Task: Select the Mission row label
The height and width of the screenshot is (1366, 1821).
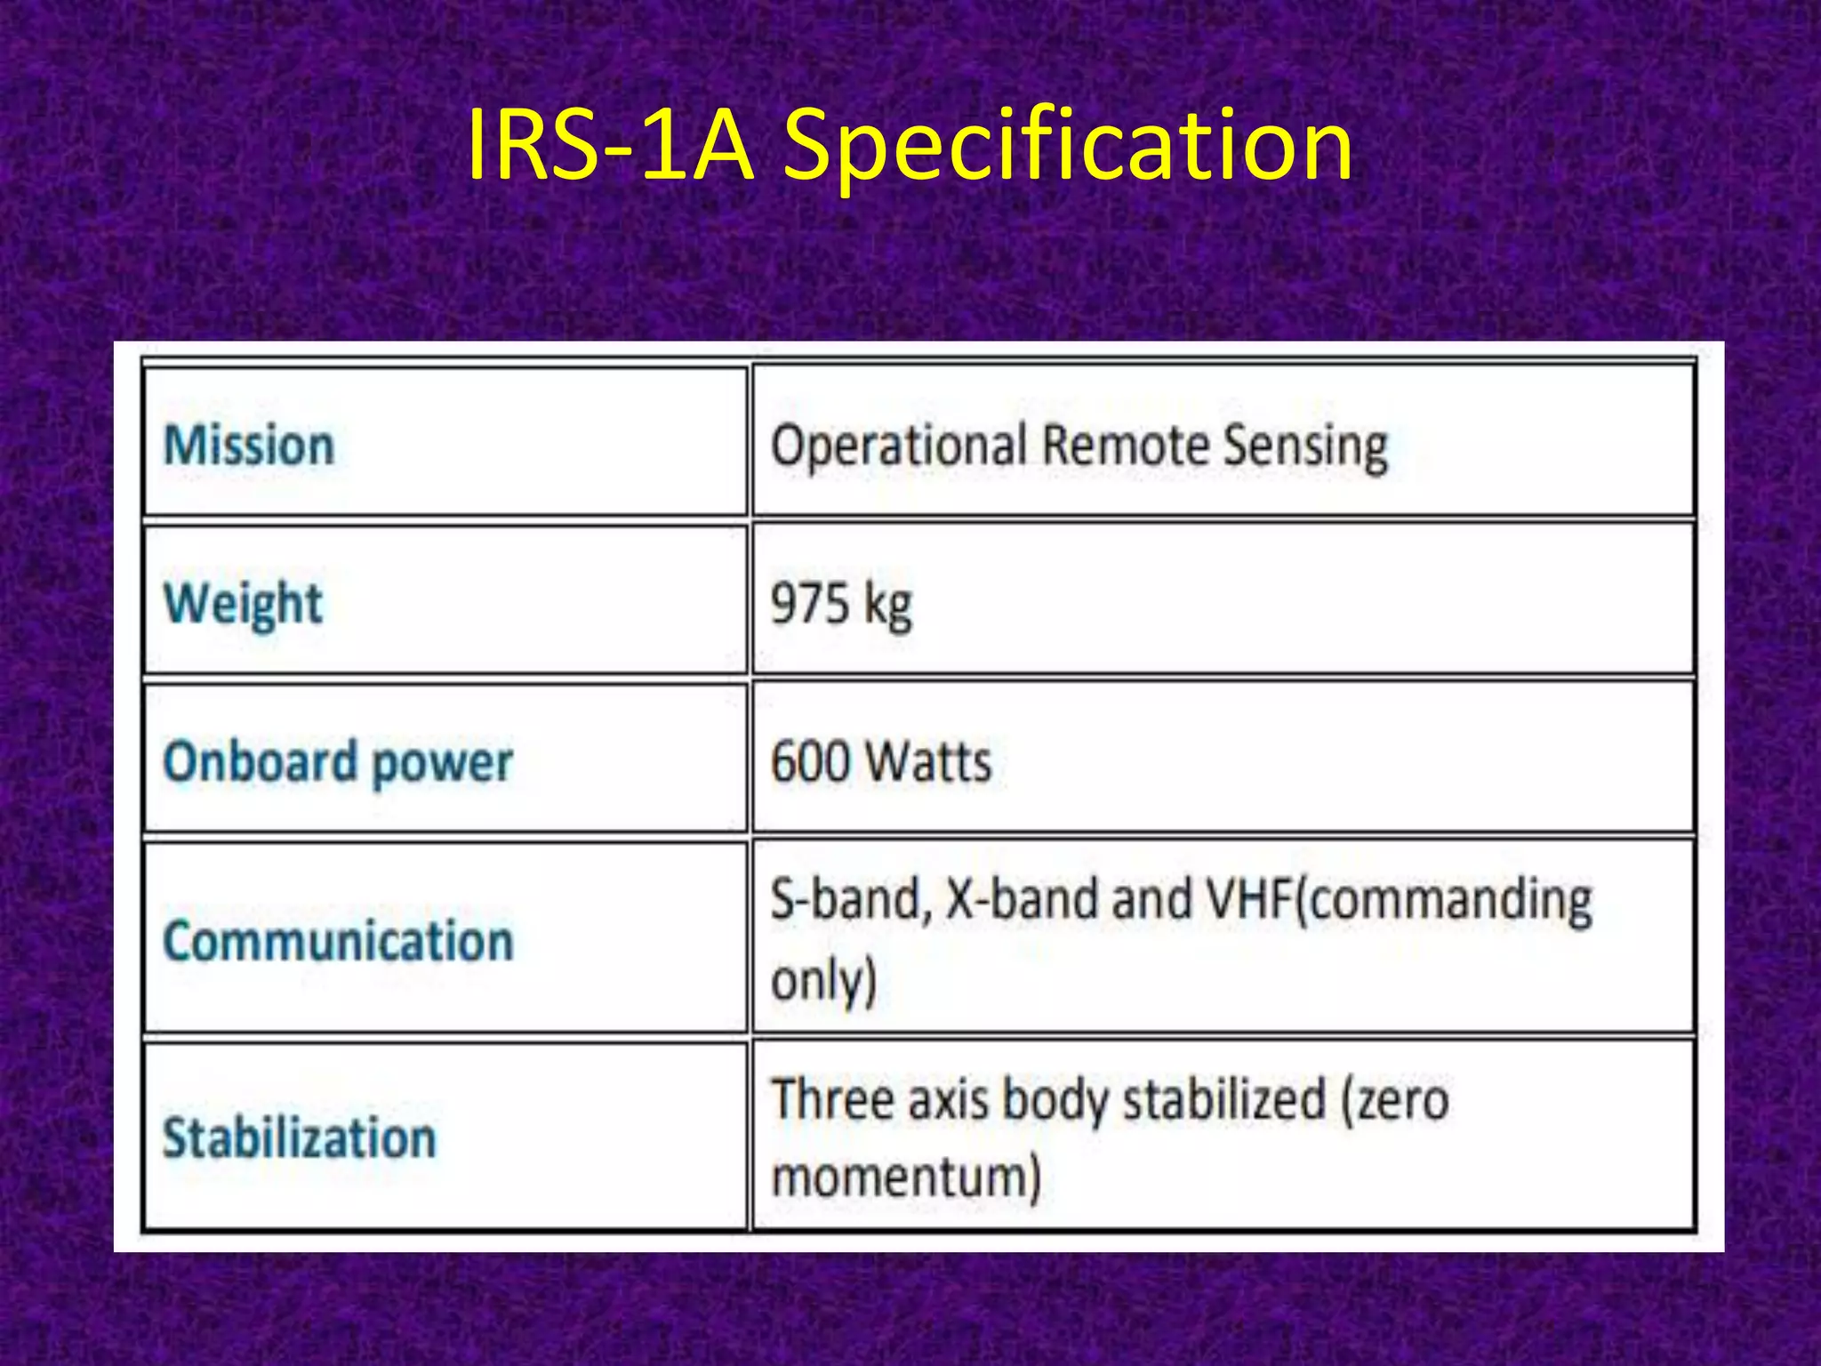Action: point(249,445)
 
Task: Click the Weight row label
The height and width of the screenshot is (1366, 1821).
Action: point(243,604)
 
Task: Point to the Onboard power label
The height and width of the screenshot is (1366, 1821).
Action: point(338,762)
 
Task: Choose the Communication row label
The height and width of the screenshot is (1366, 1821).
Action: point(338,941)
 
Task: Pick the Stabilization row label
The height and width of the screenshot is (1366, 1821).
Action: point(300,1137)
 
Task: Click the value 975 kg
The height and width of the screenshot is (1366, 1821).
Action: point(841,604)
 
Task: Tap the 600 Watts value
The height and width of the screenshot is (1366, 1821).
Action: point(880,762)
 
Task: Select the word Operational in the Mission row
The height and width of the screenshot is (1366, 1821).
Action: point(898,445)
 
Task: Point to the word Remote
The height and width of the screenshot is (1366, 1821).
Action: point(1124,445)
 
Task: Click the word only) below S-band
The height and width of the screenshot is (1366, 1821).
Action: point(823,980)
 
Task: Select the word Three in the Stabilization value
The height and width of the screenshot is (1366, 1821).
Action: point(830,1099)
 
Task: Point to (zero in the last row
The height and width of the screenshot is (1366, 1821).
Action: point(1396,1099)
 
